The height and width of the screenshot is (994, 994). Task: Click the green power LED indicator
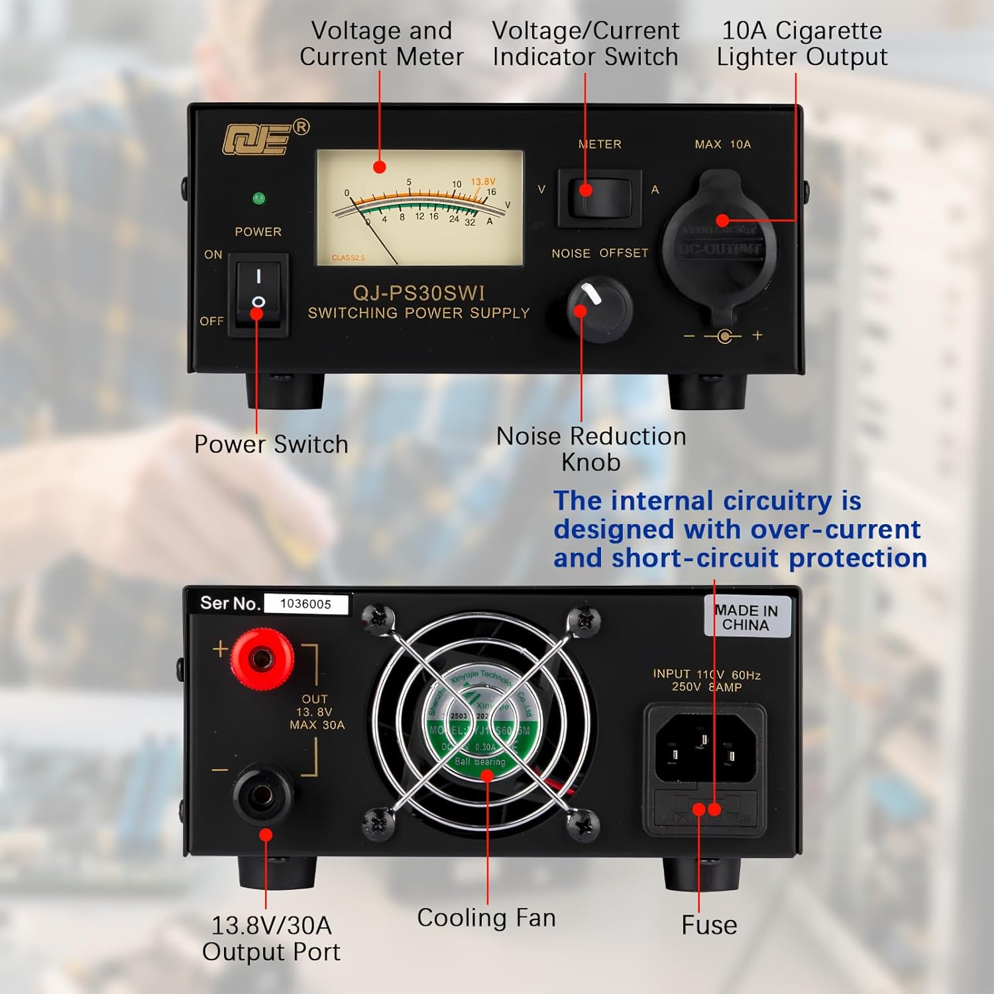coord(258,198)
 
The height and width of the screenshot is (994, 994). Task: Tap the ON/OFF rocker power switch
coord(258,294)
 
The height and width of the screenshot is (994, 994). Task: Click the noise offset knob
coord(600,309)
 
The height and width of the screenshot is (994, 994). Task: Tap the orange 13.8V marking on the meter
coord(482,182)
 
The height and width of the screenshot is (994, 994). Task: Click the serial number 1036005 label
coord(305,604)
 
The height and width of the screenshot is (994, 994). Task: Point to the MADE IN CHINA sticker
coord(746,618)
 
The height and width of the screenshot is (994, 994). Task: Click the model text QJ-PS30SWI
coord(419,293)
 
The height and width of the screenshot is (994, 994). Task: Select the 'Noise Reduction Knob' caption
coord(591,449)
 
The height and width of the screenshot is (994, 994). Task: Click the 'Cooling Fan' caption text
coord(486,918)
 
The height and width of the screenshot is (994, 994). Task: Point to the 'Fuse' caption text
coord(708,925)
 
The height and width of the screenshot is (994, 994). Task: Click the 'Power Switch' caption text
coord(271,444)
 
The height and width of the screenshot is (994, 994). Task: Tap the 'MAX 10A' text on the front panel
coord(722,144)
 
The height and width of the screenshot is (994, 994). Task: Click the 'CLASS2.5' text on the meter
coord(348,258)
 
